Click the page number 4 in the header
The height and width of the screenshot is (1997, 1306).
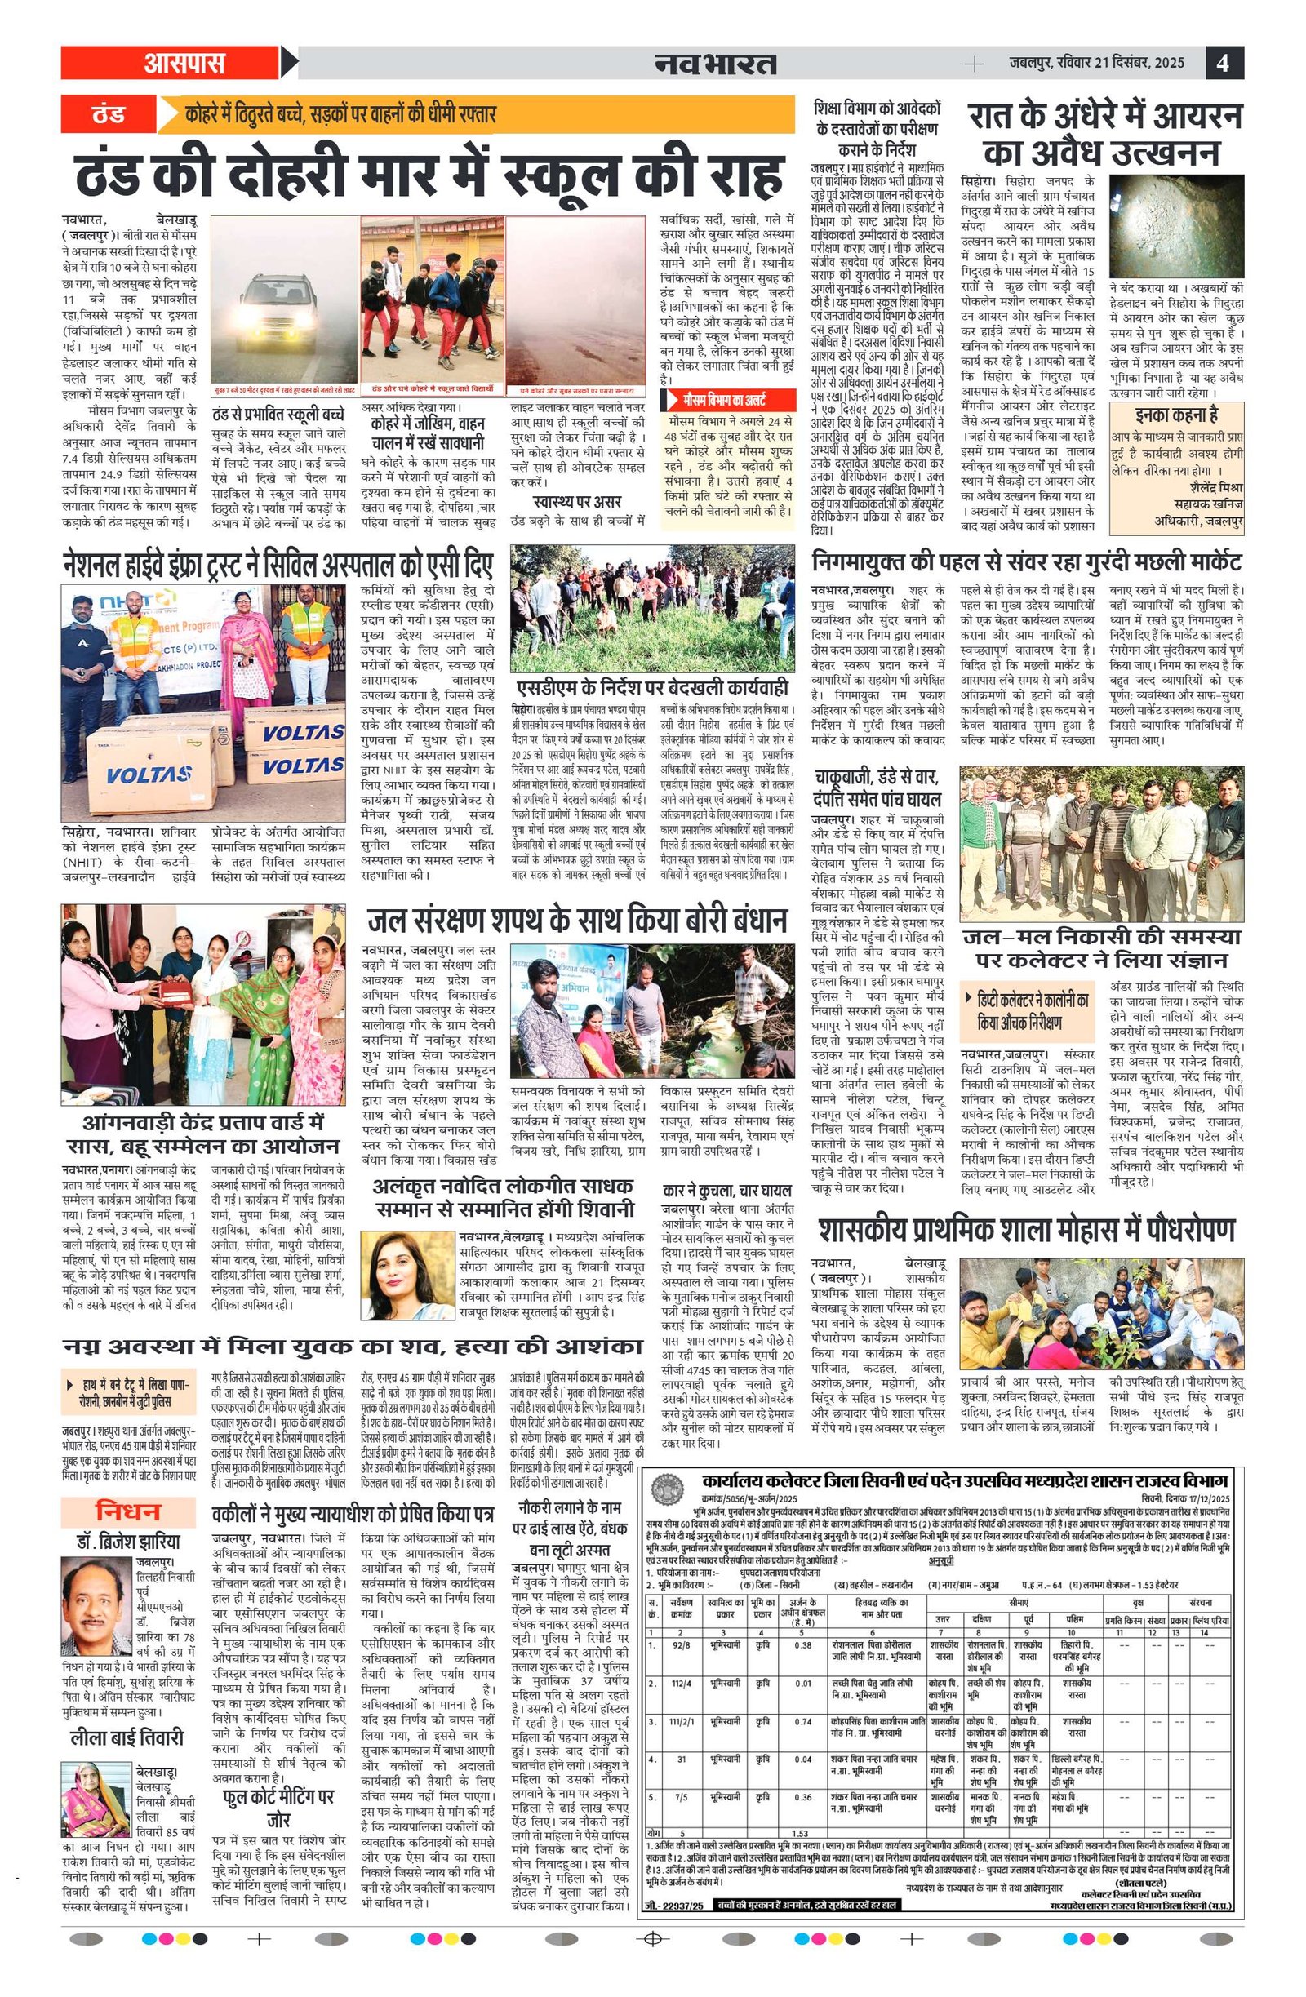(1223, 63)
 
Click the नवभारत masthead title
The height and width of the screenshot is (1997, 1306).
(715, 64)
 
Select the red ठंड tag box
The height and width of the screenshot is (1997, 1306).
(109, 114)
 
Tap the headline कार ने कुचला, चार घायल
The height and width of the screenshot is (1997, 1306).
(726, 1191)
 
